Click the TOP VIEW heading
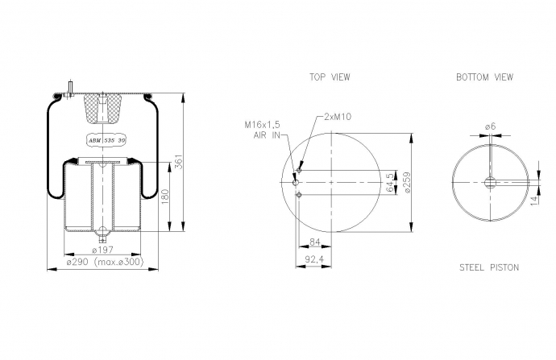click(x=330, y=77)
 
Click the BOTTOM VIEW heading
click(x=484, y=77)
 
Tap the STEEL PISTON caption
click(x=489, y=267)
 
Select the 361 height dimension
click(x=180, y=162)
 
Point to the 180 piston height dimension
click(x=165, y=197)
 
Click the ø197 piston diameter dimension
click(x=102, y=250)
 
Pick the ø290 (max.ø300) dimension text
click(x=105, y=262)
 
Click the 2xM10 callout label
click(x=338, y=117)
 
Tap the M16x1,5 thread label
click(x=262, y=125)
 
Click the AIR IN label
click(x=267, y=135)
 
